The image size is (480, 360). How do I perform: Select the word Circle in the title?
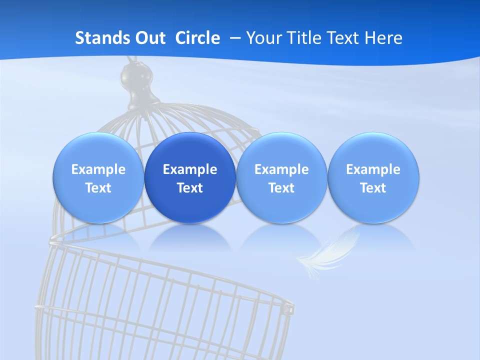click(x=197, y=38)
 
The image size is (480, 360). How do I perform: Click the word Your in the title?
click(x=261, y=38)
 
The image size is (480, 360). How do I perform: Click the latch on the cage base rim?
click(x=289, y=308)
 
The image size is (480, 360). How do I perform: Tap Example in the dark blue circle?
click(x=190, y=169)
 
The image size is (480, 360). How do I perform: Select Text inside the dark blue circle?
click(x=190, y=188)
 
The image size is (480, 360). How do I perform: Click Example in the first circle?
click(x=98, y=169)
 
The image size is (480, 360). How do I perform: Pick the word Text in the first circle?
click(x=98, y=188)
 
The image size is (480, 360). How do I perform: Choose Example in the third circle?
click(x=281, y=169)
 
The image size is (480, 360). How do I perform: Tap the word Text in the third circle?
click(x=281, y=188)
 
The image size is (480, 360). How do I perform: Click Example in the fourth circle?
click(x=373, y=169)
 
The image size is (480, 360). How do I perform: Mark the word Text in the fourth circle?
click(x=373, y=188)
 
